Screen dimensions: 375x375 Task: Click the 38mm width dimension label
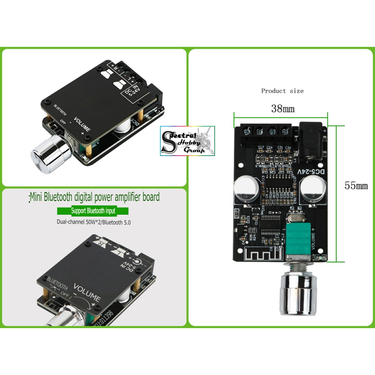point(282,109)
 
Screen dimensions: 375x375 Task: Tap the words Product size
point(282,90)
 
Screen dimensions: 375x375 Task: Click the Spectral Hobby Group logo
point(187,141)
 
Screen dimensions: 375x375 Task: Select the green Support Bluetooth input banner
point(93,211)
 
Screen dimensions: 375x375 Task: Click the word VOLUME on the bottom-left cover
point(87,292)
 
